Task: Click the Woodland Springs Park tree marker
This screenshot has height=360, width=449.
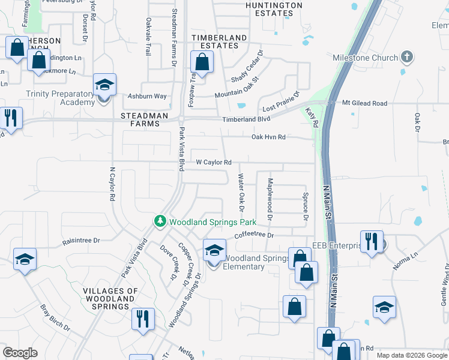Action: click(160, 221)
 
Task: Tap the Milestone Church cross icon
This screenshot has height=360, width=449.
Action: click(407, 58)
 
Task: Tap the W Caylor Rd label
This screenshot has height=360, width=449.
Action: click(214, 163)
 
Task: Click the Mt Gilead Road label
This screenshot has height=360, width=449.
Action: click(365, 103)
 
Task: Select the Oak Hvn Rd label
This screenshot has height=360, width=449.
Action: click(268, 137)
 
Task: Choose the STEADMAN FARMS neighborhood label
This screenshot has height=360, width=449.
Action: click(140, 119)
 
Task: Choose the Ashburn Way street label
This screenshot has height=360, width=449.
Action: click(147, 96)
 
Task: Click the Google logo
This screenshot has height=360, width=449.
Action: click(20, 353)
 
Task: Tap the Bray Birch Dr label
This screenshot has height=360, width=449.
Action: click(55, 321)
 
